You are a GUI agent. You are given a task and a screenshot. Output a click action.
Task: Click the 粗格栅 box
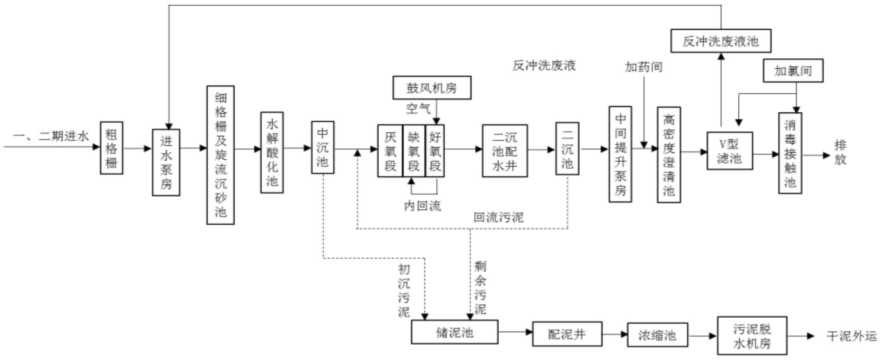(x=112, y=148)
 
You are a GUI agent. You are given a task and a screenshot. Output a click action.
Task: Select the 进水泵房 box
(x=166, y=162)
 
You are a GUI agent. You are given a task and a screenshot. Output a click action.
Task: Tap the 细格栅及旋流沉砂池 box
(x=220, y=155)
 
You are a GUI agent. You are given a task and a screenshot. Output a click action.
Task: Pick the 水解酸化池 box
(x=272, y=152)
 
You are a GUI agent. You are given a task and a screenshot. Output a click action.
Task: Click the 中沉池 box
(x=322, y=147)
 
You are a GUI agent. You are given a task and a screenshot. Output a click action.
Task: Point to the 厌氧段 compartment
(x=390, y=151)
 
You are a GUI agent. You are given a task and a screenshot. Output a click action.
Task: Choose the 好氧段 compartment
(x=435, y=151)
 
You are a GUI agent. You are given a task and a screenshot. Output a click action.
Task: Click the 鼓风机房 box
(x=432, y=88)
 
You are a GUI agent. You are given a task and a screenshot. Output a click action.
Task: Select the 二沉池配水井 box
(x=505, y=151)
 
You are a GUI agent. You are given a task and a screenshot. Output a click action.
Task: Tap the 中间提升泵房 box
(x=620, y=154)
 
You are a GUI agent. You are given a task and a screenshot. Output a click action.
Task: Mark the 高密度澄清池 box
(x=669, y=155)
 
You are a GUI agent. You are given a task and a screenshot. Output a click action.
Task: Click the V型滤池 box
(x=729, y=151)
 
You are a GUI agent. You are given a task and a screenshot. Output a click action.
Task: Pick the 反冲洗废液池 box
(x=721, y=41)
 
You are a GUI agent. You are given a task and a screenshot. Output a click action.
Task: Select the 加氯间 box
(x=793, y=71)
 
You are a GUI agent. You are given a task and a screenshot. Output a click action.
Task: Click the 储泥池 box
(x=454, y=332)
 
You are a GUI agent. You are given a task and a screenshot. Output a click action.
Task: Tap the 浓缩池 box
(x=657, y=335)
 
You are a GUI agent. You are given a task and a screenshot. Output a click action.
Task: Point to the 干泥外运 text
(x=852, y=336)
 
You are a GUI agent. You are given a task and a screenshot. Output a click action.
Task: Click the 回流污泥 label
(x=498, y=217)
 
